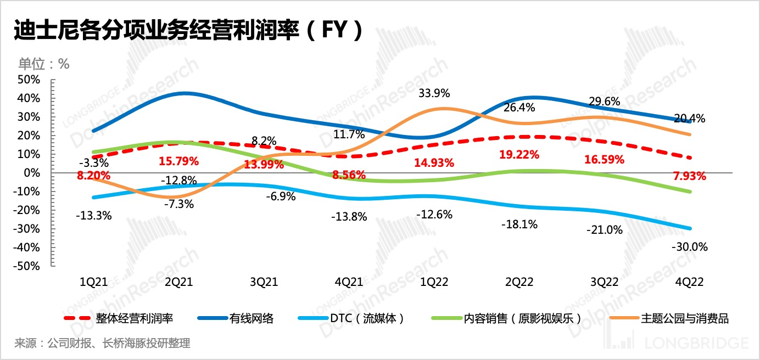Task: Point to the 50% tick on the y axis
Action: (x=29, y=80)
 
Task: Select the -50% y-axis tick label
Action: (x=27, y=266)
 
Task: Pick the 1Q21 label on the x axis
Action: (x=93, y=282)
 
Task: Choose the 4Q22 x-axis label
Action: (x=689, y=282)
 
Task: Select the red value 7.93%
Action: (x=690, y=176)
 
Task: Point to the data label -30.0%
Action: (x=690, y=247)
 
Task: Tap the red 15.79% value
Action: (x=180, y=162)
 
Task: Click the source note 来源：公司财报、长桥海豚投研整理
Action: (x=102, y=344)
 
